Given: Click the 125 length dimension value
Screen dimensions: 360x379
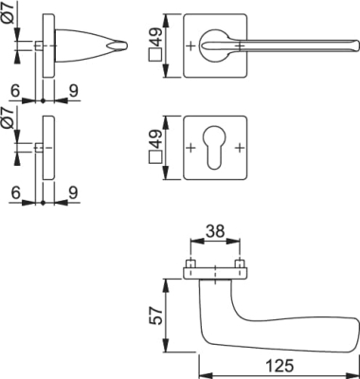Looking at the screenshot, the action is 279,366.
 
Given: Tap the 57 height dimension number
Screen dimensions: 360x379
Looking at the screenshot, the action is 155,316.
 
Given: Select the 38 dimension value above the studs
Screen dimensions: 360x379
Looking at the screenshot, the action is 215,231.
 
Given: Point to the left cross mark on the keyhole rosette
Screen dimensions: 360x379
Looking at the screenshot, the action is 190,147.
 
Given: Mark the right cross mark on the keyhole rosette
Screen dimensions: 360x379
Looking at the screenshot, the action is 240,147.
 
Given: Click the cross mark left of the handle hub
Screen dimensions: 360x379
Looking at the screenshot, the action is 190,46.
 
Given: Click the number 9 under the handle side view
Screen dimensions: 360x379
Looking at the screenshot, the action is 73,91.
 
